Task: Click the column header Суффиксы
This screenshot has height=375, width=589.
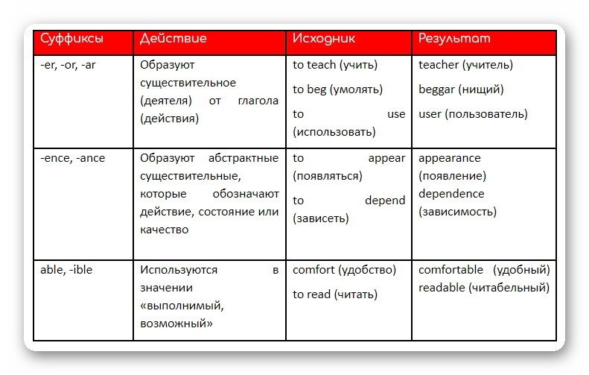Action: coord(72,38)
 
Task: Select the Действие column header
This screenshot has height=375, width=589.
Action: coord(173,38)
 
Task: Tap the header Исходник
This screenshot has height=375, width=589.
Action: coord(324,38)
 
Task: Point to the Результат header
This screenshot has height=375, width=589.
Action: coord(454,38)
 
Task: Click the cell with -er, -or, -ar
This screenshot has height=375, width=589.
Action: coord(68,65)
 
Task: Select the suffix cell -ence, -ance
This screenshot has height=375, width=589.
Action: coord(75,158)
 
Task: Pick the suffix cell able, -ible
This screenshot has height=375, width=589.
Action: coord(66,270)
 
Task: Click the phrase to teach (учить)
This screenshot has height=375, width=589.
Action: coord(335,65)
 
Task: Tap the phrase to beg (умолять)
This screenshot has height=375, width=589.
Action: coord(337,89)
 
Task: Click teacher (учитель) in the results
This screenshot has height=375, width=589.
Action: coord(465,65)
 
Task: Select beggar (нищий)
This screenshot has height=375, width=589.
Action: coord(461,89)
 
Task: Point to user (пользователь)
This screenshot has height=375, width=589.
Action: coord(473,114)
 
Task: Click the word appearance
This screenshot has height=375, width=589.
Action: coord(450,158)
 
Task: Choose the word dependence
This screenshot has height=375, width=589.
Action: coord(451,194)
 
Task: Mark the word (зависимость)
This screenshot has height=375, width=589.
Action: coord(457,212)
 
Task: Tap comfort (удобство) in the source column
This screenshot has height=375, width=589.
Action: coord(344,270)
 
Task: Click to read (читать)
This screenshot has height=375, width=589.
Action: coord(335,294)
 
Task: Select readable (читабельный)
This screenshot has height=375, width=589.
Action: coord(484,288)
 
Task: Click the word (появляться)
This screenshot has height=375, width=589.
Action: coord(328,177)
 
